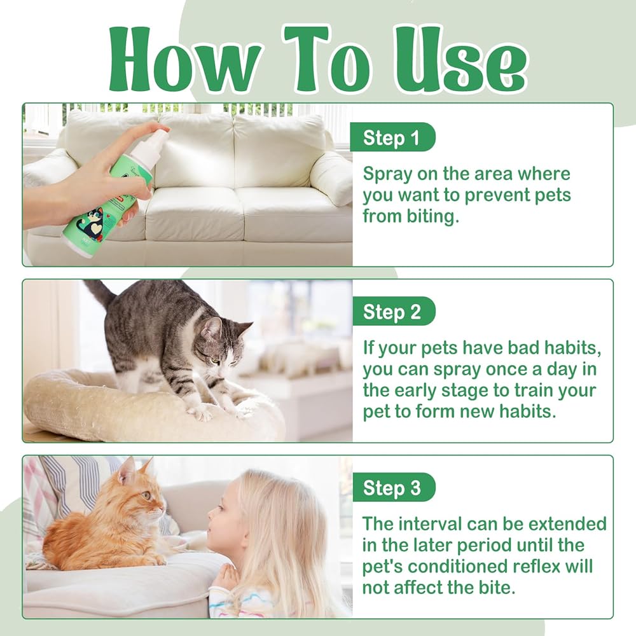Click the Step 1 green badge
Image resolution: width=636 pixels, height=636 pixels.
click(392, 137)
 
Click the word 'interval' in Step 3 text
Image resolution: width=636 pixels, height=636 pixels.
click(429, 523)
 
